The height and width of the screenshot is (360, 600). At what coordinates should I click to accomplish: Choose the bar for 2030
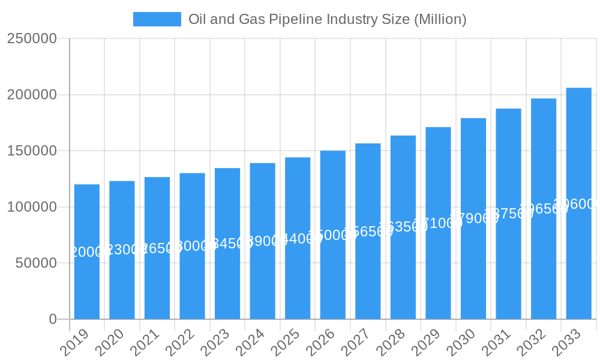click(x=473, y=270)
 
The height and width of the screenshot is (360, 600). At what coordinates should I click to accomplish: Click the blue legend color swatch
click(x=157, y=19)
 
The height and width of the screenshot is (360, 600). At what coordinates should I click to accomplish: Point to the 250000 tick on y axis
click(x=32, y=39)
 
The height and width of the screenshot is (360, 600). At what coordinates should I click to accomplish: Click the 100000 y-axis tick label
click(x=32, y=207)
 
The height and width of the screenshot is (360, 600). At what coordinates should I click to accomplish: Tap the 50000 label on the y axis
click(x=35, y=263)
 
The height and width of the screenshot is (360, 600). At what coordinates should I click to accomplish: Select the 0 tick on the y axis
click(x=53, y=319)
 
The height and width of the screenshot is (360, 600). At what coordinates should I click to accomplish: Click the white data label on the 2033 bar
click(x=578, y=204)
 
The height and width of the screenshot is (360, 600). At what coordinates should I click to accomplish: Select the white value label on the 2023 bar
click(x=227, y=244)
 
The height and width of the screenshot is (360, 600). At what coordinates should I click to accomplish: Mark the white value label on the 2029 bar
click(x=438, y=223)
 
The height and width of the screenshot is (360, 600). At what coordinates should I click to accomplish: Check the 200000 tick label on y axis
click(x=32, y=95)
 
